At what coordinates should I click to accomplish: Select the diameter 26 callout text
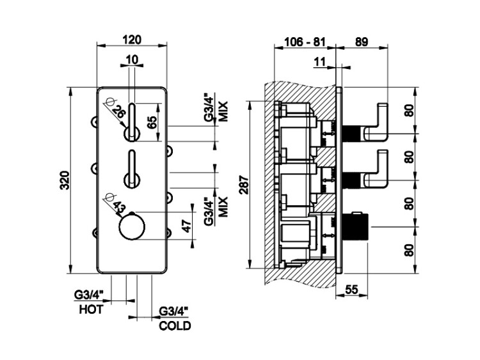pos(118,110)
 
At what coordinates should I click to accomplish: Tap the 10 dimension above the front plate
pos(132,59)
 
